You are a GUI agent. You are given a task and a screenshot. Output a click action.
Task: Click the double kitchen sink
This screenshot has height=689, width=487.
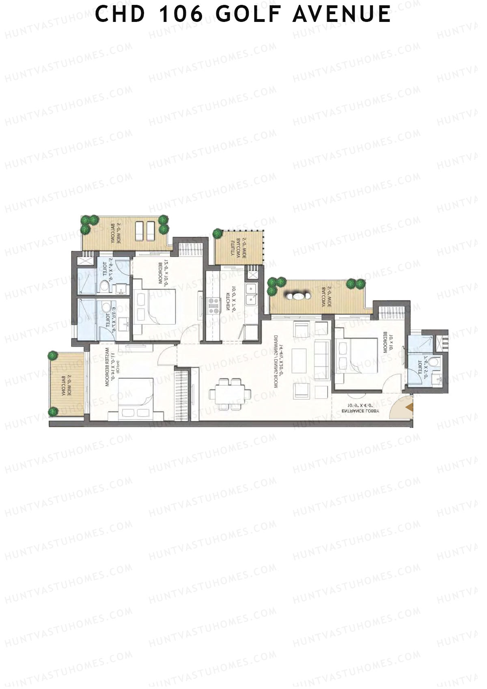pos(251,294)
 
